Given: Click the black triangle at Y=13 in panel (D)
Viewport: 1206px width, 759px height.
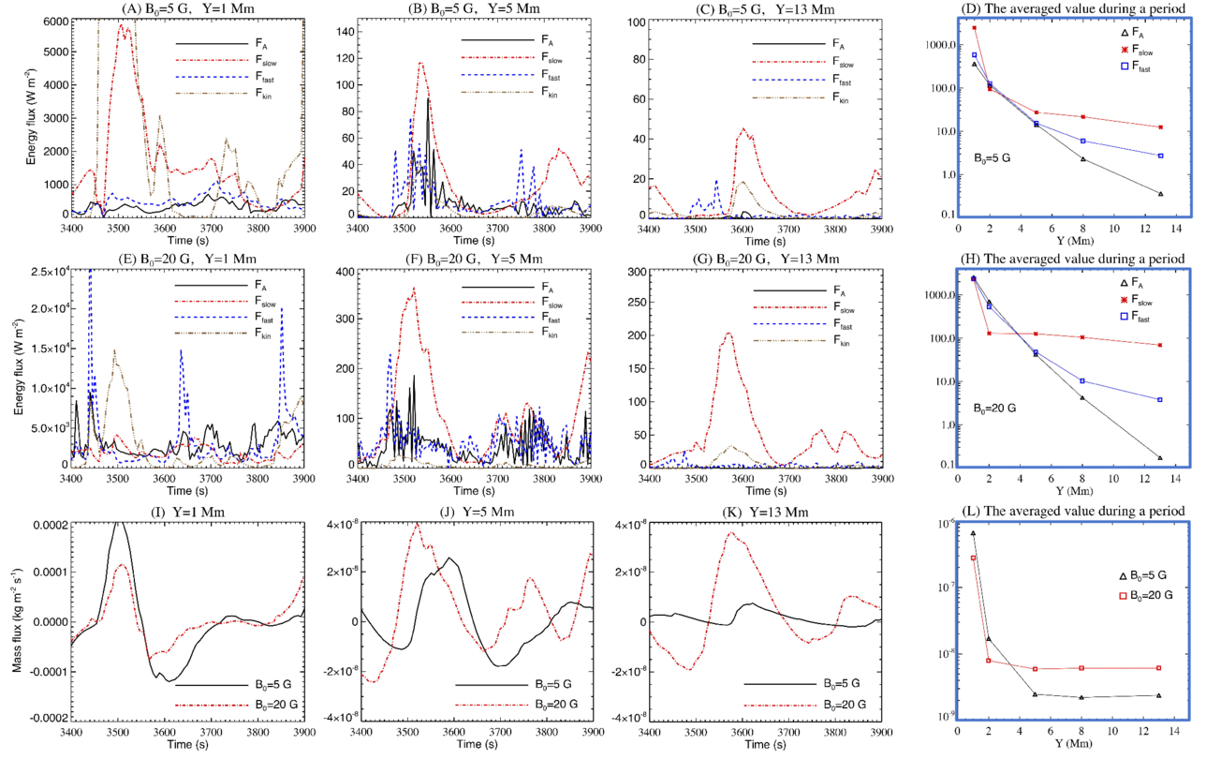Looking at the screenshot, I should (1160, 194).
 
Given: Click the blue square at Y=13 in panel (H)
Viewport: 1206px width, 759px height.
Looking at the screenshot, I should (1160, 400).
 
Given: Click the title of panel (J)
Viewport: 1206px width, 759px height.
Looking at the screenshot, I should (474, 511).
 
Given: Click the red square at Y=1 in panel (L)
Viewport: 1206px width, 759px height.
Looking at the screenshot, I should (974, 558).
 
